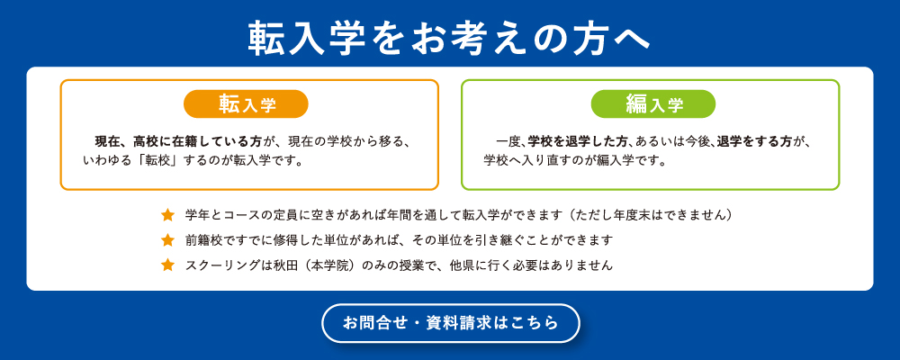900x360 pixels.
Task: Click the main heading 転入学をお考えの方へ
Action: (x=449, y=40)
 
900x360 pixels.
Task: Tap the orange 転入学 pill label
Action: (x=247, y=103)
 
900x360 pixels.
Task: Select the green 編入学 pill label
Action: (x=653, y=103)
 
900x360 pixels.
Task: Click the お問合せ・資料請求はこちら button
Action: (x=451, y=323)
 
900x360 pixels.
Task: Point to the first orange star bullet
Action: (x=167, y=215)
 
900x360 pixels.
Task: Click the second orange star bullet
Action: (x=167, y=240)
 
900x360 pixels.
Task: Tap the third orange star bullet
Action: (x=167, y=265)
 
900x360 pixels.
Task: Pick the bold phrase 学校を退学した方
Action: (x=578, y=141)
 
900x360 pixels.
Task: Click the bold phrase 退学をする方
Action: (x=753, y=141)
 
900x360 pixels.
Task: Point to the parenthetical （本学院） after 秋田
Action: (x=328, y=265)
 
